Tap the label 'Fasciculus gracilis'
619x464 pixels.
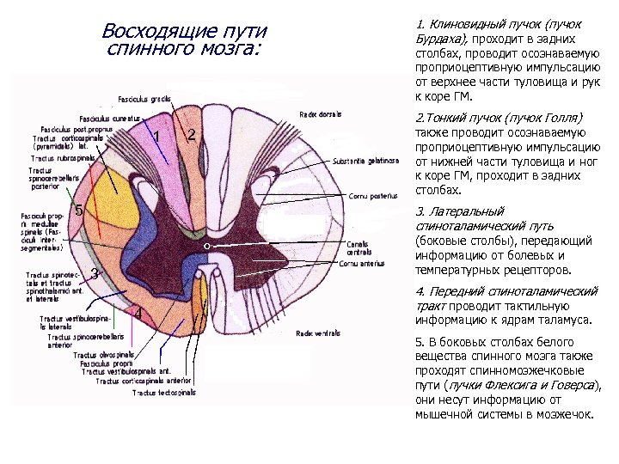tap(147, 100)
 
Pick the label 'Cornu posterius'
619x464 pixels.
tap(371, 196)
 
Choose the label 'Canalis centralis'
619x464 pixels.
tap(359, 247)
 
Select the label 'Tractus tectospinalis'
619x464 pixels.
tap(164, 393)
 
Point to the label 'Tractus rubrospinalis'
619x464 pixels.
tap(63, 158)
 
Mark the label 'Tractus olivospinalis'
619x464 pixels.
tap(103, 354)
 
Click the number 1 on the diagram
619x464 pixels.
tap(157, 139)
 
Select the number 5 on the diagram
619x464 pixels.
tap(78, 210)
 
